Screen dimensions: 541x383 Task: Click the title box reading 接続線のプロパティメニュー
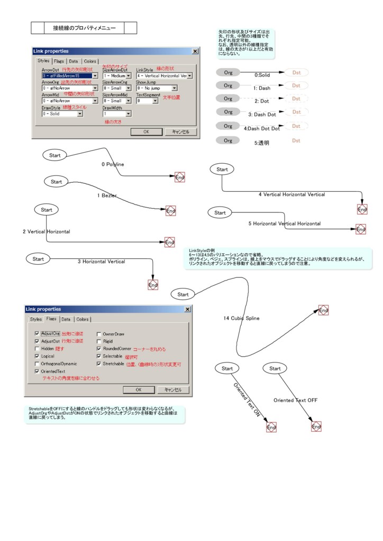pos(84,27)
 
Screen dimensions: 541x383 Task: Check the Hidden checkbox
pos(37,349)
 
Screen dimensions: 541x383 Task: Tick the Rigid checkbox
pos(99,341)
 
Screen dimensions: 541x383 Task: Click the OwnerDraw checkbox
pos(99,334)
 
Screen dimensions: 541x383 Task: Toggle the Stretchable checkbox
pos(99,363)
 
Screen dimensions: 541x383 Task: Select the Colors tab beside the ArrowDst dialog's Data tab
pos(90,61)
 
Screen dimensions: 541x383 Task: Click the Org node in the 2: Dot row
pos(228,98)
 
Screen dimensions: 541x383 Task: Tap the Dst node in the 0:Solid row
pos(296,72)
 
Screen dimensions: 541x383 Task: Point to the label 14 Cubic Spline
pos(241,318)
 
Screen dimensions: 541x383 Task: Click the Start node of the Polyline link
pos(55,155)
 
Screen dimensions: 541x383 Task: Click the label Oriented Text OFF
pos(295,400)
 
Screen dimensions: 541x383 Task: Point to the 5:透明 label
pos(262,143)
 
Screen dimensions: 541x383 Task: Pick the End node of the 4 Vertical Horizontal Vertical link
pos(362,210)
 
